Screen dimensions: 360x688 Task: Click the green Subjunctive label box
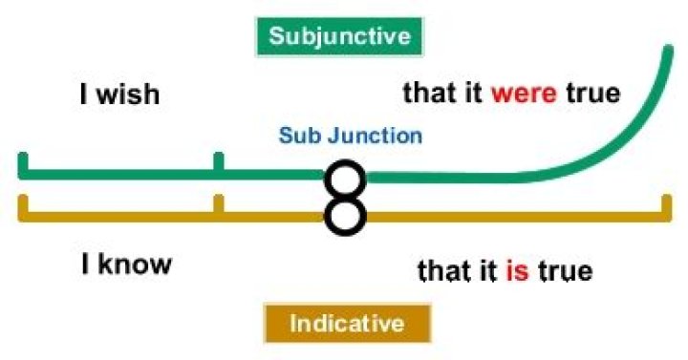point(339,37)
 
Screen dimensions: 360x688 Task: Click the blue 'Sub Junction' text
point(350,136)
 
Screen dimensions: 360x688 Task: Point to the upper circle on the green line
point(345,179)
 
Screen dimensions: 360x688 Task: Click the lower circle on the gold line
point(345,214)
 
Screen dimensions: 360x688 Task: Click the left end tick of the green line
point(22,164)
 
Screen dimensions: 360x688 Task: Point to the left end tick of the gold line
point(22,207)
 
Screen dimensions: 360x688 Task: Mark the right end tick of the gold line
point(666,207)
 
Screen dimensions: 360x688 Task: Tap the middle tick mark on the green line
point(219,164)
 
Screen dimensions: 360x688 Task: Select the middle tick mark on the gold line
point(219,205)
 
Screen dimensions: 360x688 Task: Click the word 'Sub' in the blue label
point(295,136)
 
